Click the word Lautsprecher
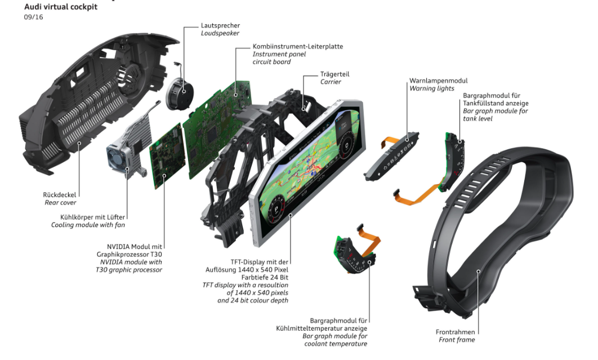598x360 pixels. pyautogui.click(x=220, y=25)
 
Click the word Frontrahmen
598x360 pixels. pyautogui.click(x=455, y=332)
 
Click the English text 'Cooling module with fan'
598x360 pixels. pyautogui.click(x=88, y=225)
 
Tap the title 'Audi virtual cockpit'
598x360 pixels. pyautogui.click(x=61, y=7)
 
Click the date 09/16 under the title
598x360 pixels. pyautogui.click(x=33, y=17)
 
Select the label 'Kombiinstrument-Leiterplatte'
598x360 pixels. pyautogui.click(x=297, y=46)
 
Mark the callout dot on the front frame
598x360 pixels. pyautogui.click(x=478, y=272)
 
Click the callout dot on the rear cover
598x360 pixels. pyautogui.click(x=80, y=144)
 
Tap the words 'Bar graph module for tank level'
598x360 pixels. pyautogui.click(x=496, y=115)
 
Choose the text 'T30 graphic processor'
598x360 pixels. pyautogui.click(x=128, y=270)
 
